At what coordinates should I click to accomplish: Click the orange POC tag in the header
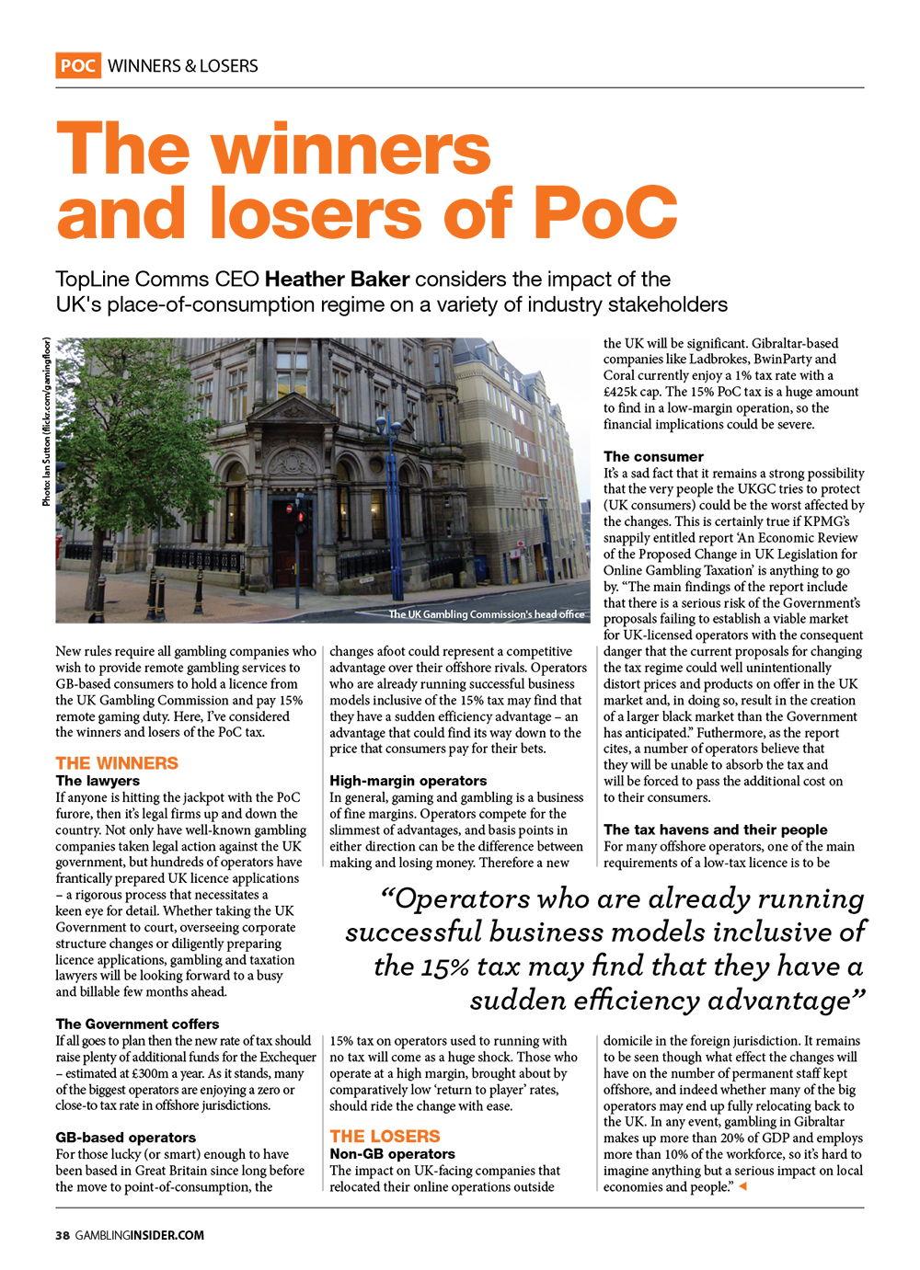click(x=78, y=65)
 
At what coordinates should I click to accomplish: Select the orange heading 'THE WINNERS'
click(x=117, y=763)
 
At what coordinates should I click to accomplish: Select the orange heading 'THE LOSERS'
click(x=385, y=1136)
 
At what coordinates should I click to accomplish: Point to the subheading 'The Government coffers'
click(x=137, y=1024)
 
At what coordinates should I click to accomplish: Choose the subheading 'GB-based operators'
click(x=125, y=1138)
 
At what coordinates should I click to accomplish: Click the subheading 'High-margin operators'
click(x=408, y=781)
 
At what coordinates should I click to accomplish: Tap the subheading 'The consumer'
click(x=653, y=456)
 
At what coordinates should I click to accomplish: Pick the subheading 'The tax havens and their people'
click(x=715, y=830)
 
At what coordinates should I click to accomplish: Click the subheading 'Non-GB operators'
click(x=392, y=1153)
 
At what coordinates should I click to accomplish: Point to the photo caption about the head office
click(x=487, y=615)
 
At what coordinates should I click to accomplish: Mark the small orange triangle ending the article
click(x=742, y=1188)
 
